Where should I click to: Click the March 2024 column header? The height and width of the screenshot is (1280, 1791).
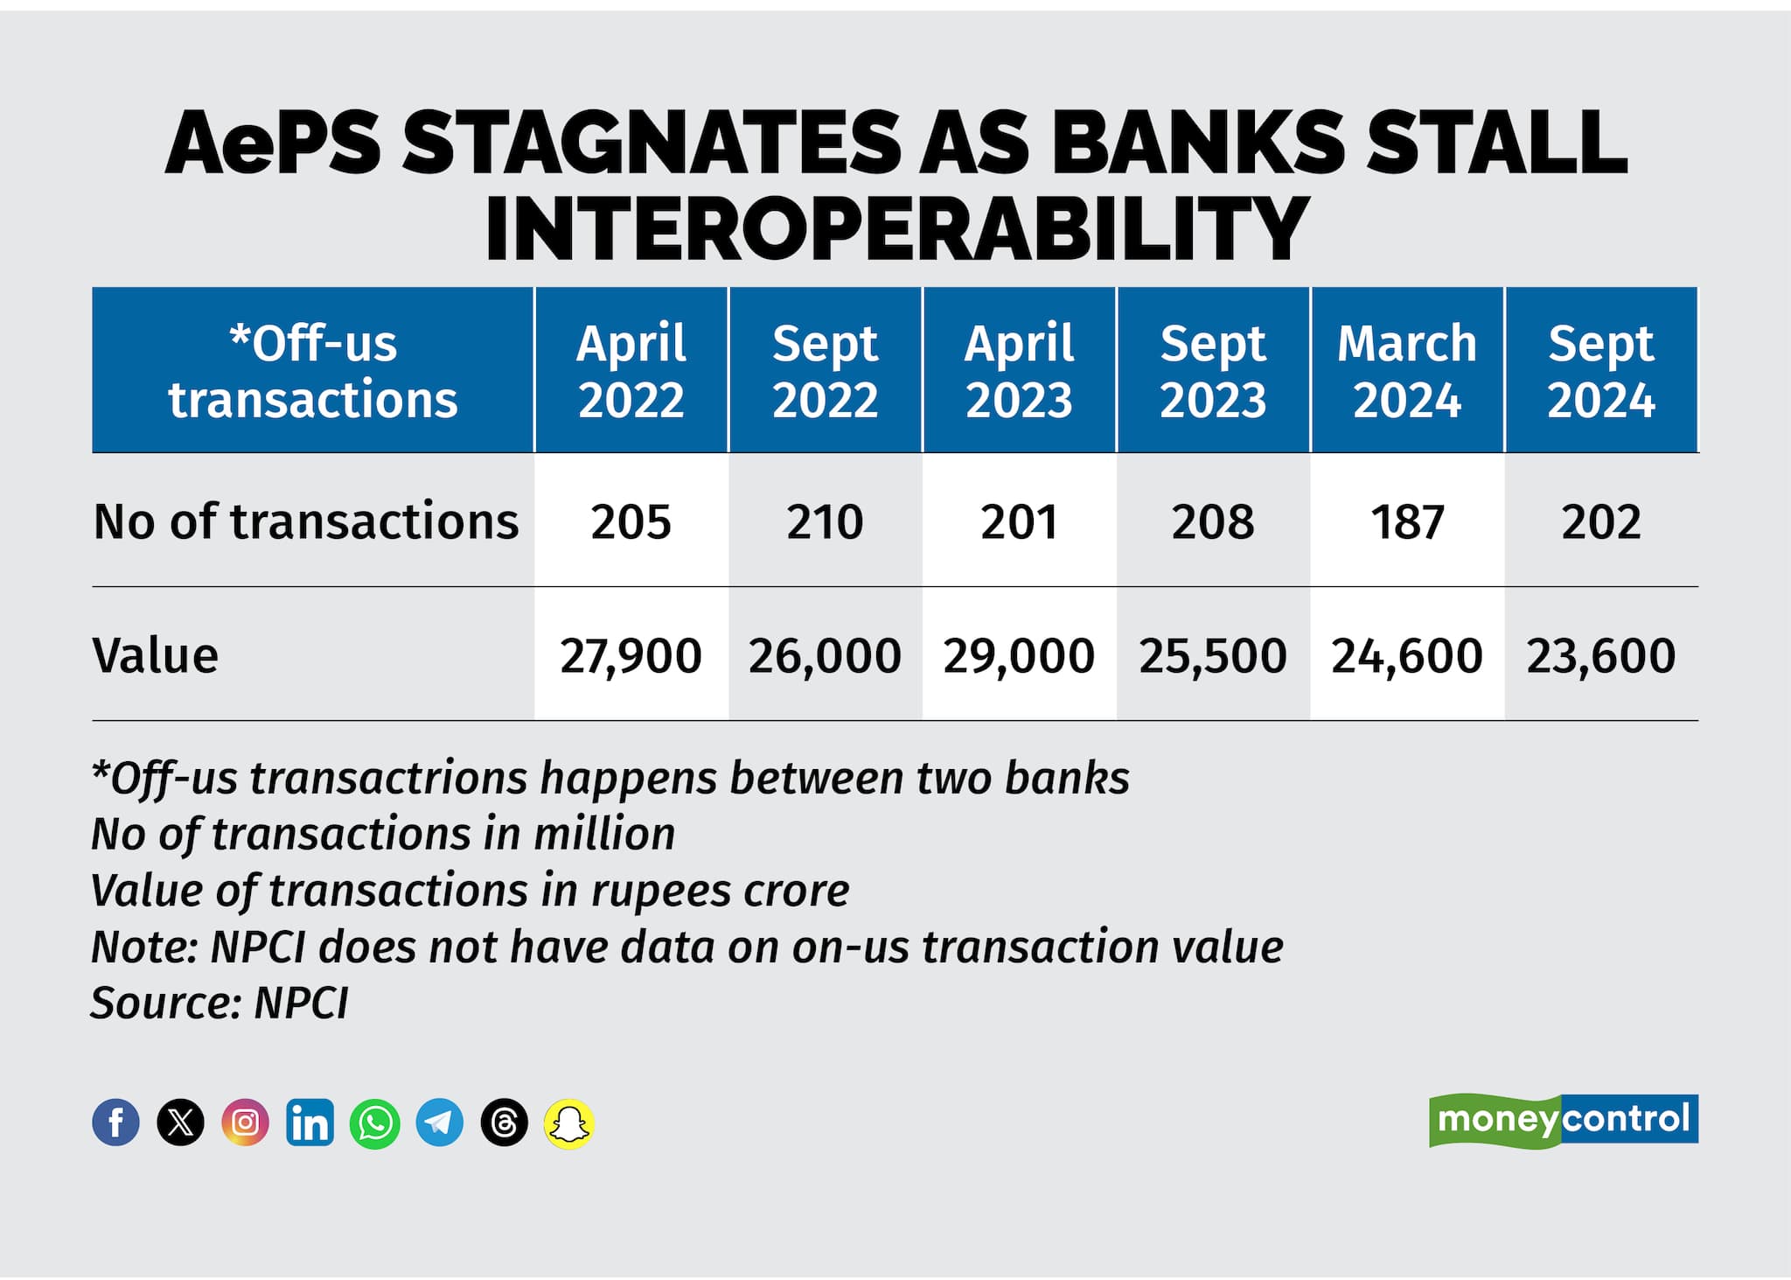pyautogui.click(x=1406, y=370)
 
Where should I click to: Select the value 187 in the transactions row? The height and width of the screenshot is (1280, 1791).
pyautogui.click(x=1406, y=521)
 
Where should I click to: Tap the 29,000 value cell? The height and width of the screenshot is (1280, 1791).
pyautogui.click(x=1019, y=655)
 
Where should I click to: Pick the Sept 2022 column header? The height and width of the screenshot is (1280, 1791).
pyautogui.click(x=825, y=370)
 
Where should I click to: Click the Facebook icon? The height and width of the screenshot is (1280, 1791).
pyautogui.click(x=115, y=1123)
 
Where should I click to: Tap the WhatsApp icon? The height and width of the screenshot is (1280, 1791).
pyautogui.click(x=374, y=1123)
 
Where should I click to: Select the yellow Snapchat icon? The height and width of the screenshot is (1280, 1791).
pyautogui.click(x=569, y=1123)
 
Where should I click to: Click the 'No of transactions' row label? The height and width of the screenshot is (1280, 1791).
pyautogui.click(x=306, y=521)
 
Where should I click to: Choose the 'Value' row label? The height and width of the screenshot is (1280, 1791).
pyautogui.click(x=156, y=655)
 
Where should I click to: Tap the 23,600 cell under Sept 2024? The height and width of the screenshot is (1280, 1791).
pyautogui.click(x=1600, y=655)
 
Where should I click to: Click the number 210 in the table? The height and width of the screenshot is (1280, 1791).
pyautogui.click(x=825, y=521)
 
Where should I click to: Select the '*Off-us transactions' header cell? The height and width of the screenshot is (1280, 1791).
pyautogui.click(x=313, y=370)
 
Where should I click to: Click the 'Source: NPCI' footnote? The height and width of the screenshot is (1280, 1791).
pyautogui.click(x=220, y=1003)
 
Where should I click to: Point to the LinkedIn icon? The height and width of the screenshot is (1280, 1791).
pyautogui.click(x=310, y=1123)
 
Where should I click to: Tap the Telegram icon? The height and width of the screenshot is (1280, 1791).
pyautogui.click(x=439, y=1123)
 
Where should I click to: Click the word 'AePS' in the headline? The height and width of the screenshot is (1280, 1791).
pyautogui.click(x=273, y=143)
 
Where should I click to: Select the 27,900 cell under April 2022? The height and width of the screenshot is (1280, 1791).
pyautogui.click(x=631, y=655)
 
